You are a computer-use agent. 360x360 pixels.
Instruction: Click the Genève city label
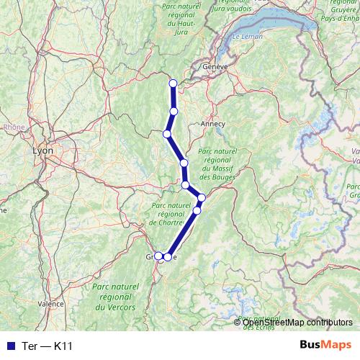tap(215, 66)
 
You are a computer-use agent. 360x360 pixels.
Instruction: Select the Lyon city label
tap(43, 152)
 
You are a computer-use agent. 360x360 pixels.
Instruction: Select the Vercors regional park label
tap(114, 297)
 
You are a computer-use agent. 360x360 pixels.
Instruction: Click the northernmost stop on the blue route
tap(173, 84)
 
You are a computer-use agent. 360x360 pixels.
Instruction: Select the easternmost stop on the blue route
tap(202, 197)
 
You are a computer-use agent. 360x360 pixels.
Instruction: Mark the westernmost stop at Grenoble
tap(158, 256)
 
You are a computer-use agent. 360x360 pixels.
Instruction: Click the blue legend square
tap(8, 346)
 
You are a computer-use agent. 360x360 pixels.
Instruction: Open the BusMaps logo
tap(326, 345)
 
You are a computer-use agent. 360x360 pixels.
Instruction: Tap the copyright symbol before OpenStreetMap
tap(238, 323)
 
